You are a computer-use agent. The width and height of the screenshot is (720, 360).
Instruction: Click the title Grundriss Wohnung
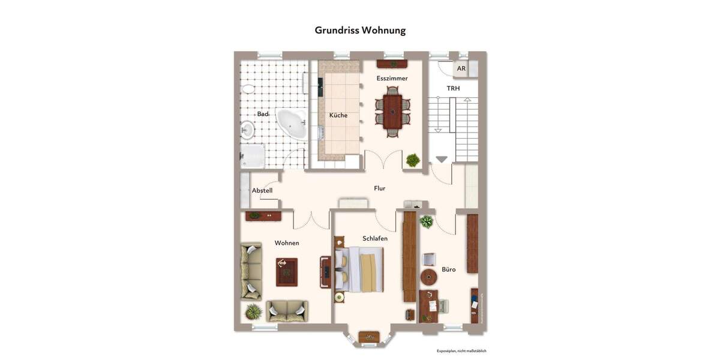pyautogui.click(x=360, y=30)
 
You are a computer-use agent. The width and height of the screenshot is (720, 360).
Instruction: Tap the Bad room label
pyautogui.click(x=263, y=114)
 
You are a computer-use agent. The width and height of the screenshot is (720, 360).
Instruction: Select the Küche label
pyautogui.click(x=338, y=115)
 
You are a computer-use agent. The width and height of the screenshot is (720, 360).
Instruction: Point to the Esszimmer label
pyautogui.click(x=392, y=79)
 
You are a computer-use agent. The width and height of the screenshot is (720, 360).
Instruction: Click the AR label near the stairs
pyautogui.click(x=461, y=68)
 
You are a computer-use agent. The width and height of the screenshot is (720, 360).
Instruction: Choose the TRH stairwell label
pyautogui.click(x=453, y=88)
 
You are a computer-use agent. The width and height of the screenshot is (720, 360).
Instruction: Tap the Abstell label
pyautogui.click(x=262, y=191)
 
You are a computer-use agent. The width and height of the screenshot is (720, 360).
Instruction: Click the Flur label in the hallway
pyautogui.click(x=379, y=188)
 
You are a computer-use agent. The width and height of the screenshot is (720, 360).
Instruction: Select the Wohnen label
pyautogui.click(x=287, y=243)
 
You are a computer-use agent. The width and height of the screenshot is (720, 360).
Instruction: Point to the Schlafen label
pyautogui.click(x=374, y=238)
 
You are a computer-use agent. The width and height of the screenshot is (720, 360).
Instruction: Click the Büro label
pyautogui.click(x=448, y=269)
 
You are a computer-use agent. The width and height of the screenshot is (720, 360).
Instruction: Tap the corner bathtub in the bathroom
pyautogui.click(x=292, y=124)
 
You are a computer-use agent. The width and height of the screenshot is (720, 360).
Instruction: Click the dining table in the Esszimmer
pyautogui.click(x=392, y=112)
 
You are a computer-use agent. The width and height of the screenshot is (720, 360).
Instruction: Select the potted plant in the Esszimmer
pyautogui.click(x=413, y=160)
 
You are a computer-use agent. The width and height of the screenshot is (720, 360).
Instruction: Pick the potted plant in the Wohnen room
pyautogui.click(x=254, y=311)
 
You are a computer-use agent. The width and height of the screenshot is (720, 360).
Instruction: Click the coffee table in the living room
pyautogui.click(x=286, y=272)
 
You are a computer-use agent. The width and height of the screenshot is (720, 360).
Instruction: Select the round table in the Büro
pyautogui.click(x=429, y=277)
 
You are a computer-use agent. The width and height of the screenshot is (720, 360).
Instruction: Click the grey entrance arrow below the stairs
pyautogui.click(x=442, y=160)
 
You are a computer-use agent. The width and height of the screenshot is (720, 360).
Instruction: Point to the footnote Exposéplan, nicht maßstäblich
pyautogui.click(x=461, y=351)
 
